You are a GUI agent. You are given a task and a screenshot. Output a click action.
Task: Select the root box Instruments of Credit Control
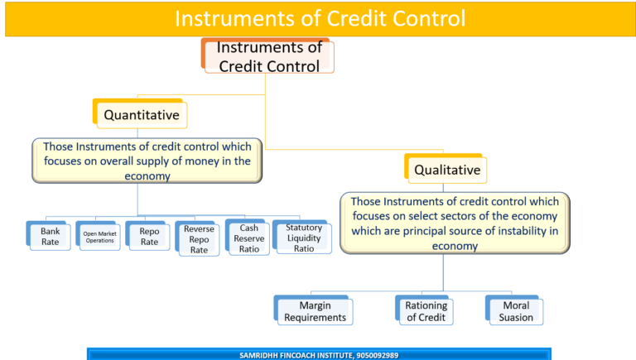click(269, 57)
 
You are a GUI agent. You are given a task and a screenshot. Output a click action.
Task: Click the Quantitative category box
click(142, 115)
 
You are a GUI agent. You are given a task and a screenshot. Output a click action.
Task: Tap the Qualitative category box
click(447, 170)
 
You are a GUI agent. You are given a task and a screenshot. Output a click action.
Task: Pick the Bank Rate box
click(51, 238)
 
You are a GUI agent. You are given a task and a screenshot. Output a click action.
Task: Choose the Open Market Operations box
click(99, 238)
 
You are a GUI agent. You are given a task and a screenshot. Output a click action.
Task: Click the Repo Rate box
click(149, 238)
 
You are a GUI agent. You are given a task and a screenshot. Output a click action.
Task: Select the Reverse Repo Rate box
click(199, 239)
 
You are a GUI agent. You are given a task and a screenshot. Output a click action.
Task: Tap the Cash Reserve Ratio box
click(249, 238)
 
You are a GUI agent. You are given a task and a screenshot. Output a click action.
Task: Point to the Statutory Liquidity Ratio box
click(304, 238)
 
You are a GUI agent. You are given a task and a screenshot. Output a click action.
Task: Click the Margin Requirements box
click(314, 311)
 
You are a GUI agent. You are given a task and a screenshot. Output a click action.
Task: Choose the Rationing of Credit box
click(426, 311)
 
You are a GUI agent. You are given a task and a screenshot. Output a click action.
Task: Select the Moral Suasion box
click(516, 311)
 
